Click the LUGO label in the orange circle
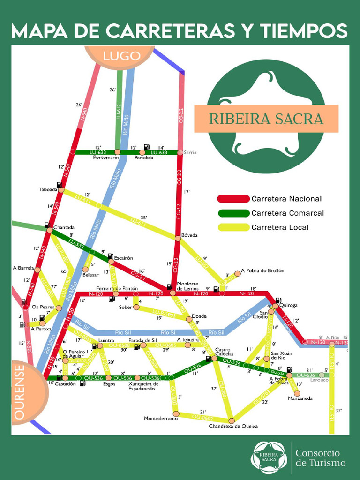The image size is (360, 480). click(x=122, y=57)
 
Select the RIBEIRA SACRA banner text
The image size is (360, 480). click(x=266, y=119)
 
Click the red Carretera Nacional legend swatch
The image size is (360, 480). click(x=233, y=199)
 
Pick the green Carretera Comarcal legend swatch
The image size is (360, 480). click(x=233, y=213)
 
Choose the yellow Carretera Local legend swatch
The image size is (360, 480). click(x=233, y=228)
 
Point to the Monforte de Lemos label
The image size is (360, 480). click(x=187, y=286)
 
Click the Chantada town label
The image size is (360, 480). click(x=64, y=227)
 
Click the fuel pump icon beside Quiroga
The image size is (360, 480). click(x=278, y=300)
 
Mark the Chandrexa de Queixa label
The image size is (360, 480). click(x=233, y=426)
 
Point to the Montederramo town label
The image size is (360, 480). click(x=161, y=418)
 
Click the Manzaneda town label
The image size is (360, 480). click(x=300, y=398)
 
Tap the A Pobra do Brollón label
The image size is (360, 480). click(x=262, y=271)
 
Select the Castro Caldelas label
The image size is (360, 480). click(x=224, y=352)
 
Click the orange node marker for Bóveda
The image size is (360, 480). click(x=178, y=238)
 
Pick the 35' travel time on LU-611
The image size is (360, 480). click(x=143, y=217)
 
